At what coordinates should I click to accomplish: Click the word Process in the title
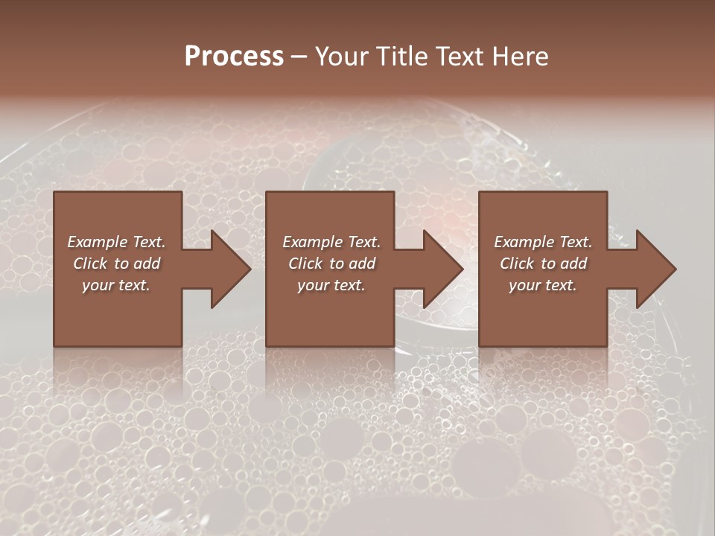[x=234, y=57]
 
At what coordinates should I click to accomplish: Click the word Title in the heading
[x=398, y=57]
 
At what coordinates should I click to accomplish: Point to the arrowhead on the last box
[x=654, y=269]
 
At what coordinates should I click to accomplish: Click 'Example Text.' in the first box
[x=116, y=242]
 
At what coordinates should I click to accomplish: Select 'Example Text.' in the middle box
[x=331, y=242]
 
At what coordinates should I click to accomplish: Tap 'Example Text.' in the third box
[x=543, y=242]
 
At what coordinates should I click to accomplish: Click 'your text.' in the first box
[x=116, y=285]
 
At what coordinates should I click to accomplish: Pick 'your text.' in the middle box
[x=331, y=285]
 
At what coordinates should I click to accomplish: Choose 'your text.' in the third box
[x=543, y=285]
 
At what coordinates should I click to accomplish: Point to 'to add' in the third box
[x=568, y=264]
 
